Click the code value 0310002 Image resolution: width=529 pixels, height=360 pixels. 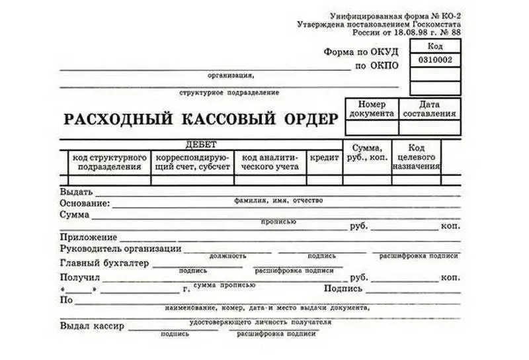coord(435,60)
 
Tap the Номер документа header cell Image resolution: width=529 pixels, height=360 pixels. coord(372,109)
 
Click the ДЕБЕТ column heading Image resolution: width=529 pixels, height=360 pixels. coord(200,144)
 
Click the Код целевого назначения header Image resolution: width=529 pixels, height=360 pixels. coord(416,157)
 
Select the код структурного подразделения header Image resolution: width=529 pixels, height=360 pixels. coord(109,162)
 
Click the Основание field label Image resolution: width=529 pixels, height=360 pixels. coord(84,203)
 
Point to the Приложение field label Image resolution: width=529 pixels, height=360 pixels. coord(88,237)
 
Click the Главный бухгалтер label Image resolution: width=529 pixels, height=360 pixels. coord(104,263)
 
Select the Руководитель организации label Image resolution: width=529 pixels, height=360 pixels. coord(120,249)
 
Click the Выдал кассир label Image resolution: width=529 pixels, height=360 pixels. coord(92,326)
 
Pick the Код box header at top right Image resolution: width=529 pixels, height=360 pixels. coord(435,46)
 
